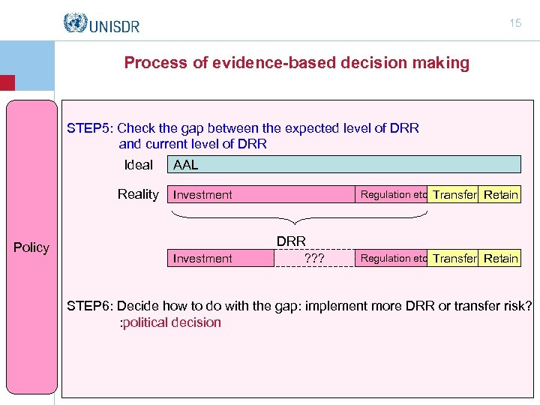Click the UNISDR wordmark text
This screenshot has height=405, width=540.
(114, 25)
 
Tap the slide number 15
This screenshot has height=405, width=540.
(515, 23)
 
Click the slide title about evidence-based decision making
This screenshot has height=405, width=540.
(296, 63)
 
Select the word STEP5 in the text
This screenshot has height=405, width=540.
(90, 128)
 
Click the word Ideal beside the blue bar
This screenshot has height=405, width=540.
(138, 165)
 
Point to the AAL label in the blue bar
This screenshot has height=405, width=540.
(185, 165)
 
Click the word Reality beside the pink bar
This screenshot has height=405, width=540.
(138, 194)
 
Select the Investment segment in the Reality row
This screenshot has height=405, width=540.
(202, 195)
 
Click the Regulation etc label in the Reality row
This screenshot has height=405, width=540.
(394, 194)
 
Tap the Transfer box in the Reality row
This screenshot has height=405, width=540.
(454, 195)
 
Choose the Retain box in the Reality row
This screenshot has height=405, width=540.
(500, 195)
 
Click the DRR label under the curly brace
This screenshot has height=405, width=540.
(291, 241)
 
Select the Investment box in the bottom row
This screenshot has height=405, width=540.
(202, 259)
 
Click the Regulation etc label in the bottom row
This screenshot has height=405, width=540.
(394, 259)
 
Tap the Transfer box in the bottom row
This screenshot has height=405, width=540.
(454, 259)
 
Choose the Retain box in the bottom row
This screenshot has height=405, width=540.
(500, 259)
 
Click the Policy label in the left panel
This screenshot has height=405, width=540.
(31, 247)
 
